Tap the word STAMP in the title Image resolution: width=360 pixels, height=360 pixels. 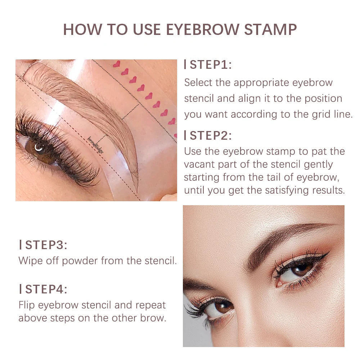click(270, 30)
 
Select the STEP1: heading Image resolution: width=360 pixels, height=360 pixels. click(211, 65)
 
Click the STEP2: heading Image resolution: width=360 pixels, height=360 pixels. click(211, 136)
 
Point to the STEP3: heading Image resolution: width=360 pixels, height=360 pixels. click(46, 245)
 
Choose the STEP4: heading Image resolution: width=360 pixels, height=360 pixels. click(46, 289)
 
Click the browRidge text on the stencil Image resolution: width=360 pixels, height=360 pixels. click(96, 145)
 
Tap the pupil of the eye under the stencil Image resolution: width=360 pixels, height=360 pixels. click(39, 147)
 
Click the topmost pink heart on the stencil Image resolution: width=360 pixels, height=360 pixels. click(116, 64)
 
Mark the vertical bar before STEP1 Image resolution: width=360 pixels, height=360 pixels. click(185, 65)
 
